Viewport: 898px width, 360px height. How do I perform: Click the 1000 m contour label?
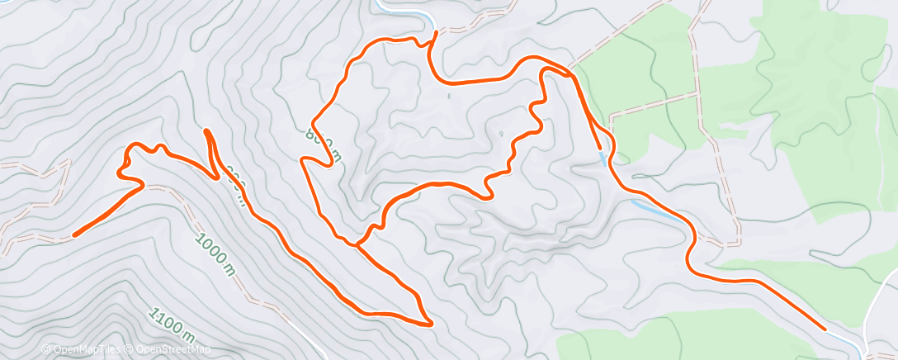(215, 252)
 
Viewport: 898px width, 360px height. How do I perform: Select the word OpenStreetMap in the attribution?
(169, 349)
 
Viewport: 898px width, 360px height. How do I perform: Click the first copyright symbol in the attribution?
(46, 349)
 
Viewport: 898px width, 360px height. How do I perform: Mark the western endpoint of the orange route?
(74, 234)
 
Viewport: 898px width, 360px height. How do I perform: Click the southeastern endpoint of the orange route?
(823, 329)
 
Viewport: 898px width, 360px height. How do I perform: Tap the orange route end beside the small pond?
(598, 148)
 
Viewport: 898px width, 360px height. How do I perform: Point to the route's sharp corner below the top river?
(432, 34)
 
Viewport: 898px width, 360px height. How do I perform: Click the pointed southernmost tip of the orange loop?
(429, 323)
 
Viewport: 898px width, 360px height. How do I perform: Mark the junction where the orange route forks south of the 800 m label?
(357, 244)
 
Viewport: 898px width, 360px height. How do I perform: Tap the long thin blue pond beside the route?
(651, 207)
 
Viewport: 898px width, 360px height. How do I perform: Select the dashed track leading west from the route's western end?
(33, 240)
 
